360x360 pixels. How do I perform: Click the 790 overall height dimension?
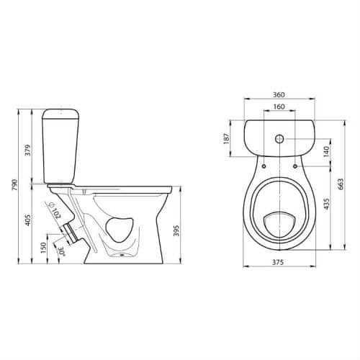(15, 185)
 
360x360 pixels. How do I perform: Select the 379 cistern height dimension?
(28, 150)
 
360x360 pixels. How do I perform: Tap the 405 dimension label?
(28, 220)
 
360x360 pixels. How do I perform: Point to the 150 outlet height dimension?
(43, 248)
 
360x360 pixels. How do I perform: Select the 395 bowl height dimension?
(176, 230)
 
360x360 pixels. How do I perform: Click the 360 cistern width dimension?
(279, 95)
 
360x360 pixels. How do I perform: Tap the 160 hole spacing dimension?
(279, 107)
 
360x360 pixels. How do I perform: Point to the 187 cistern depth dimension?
(226, 138)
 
